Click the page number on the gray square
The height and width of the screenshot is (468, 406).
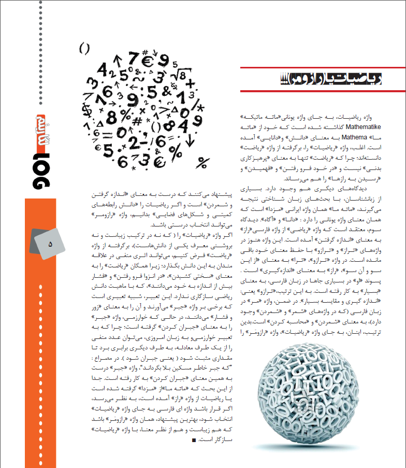(x=51, y=243)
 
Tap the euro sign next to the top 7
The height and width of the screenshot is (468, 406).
(x=148, y=61)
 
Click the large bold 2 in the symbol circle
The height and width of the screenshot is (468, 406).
(x=134, y=143)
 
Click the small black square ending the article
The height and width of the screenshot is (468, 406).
(x=194, y=440)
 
